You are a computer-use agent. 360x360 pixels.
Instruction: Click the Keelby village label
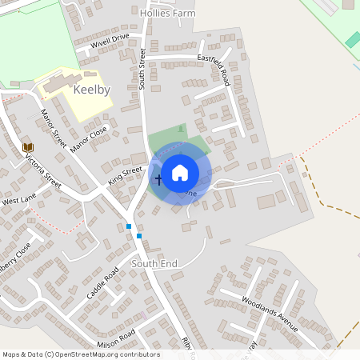pyautogui.click(x=91, y=90)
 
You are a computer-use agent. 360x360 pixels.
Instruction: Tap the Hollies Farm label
pyautogui.click(x=167, y=14)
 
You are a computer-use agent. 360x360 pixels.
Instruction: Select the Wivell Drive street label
pyautogui.click(x=110, y=41)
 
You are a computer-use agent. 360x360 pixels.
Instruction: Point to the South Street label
pyautogui.click(x=142, y=69)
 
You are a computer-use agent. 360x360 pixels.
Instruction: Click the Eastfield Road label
pyautogui.click(x=214, y=70)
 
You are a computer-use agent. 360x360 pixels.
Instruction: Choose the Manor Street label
pyautogui.click(x=54, y=128)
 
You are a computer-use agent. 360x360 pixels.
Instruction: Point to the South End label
pyautogui.click(x=154, y=263)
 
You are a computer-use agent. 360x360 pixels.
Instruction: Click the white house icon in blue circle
pyautogui.click(x=180, y=173)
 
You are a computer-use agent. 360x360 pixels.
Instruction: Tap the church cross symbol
pyautogui.click(x=158, y=179)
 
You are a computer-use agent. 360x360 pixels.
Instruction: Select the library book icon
pyautogui.click(x=28, y=147)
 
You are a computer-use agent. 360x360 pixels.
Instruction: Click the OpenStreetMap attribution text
pyautogui.click(x=81, y=354)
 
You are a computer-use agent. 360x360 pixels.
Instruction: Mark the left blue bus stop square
pyautogui.click(x=129, y=226)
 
